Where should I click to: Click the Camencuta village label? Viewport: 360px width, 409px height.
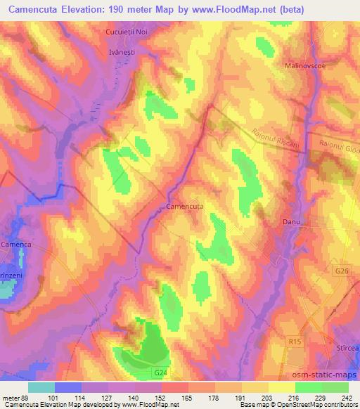[185, 207]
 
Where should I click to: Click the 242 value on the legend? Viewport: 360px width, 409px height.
[347, 397]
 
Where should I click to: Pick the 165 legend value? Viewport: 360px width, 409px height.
[187, 397]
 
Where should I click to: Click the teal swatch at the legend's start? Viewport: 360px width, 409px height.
[41, 387]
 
